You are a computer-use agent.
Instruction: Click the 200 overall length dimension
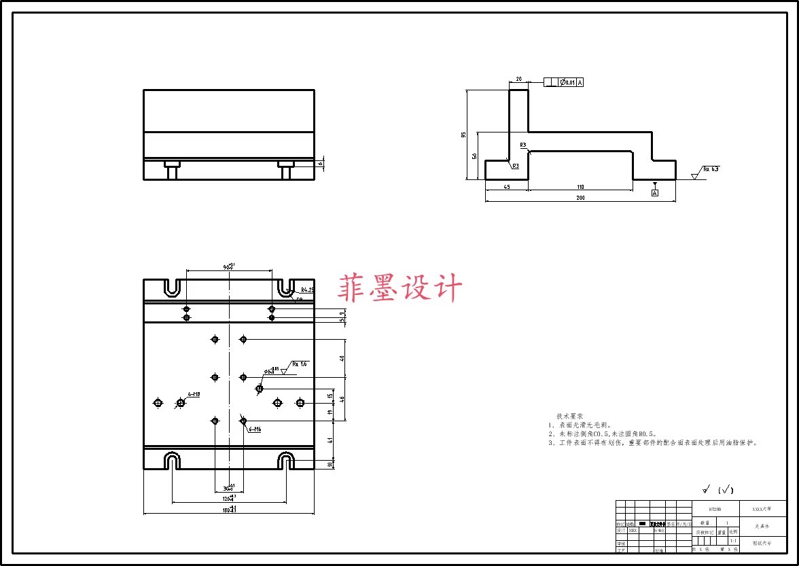coord(580,198)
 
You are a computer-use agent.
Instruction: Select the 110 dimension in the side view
coord(580,187)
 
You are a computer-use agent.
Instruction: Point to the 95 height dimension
coord(464,135)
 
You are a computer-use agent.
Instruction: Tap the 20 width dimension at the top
coord(519,79)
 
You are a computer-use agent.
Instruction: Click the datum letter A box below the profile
coord(655,193)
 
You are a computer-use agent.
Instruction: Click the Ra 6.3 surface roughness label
coord(711,169)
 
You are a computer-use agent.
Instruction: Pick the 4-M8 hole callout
coord(194,394)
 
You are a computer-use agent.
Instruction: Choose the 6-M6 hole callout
coord(255,429)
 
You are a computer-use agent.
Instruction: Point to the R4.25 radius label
coord(307,290)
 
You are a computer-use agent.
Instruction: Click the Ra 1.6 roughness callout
coord(300,364)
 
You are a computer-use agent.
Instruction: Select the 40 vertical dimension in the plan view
coord(342,358)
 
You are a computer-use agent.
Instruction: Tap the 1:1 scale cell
coord(732,541)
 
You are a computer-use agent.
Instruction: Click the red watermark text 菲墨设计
coord(400,288)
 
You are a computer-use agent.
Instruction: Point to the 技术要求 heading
coord(569,416)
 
